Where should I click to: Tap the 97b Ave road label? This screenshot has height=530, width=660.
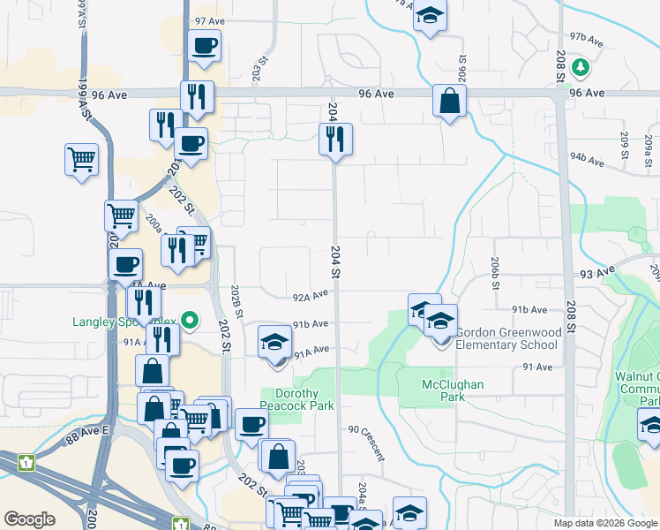(586, 39)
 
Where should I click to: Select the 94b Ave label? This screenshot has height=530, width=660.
(587, 160)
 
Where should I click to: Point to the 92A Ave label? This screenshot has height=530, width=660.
(311, 296)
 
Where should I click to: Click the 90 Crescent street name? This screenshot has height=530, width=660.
(366, 442)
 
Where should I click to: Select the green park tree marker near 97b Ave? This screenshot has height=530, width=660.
(580, 66)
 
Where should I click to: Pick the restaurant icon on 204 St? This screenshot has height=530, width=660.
(335, 140)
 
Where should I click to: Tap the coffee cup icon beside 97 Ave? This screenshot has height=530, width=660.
(204, 46)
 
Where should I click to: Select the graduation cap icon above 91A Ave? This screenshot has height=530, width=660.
(274, 343)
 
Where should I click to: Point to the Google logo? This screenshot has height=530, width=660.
(29, 519)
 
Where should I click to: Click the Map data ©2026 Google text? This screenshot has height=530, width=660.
(605, 523)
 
